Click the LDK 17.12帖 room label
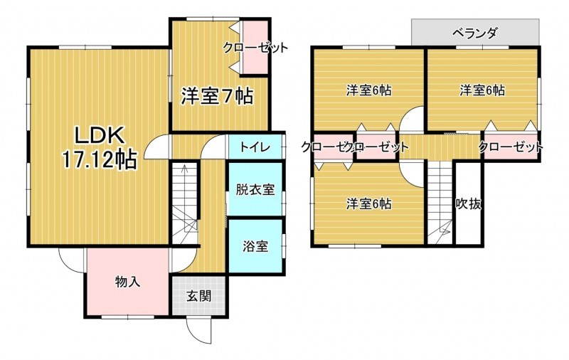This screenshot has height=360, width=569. [x=97, y=147]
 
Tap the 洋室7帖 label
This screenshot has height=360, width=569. [x=216, y=95]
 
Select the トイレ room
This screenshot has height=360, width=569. [x=254, y=147]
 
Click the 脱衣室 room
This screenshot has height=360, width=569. [x=255, y=189]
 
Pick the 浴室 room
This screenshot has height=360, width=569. [x=255, y=246]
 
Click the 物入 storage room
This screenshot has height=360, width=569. [x=127, y=282]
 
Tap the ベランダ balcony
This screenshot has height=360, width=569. [x=474, y=33]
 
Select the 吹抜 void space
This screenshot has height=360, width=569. [x=469, y=204]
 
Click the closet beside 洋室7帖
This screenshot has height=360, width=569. [x=254, y=48]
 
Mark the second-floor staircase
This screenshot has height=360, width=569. [x=440, y=203]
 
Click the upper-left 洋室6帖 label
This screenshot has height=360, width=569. [x=368, y=90]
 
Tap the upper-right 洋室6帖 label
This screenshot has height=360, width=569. [x=482, y=90]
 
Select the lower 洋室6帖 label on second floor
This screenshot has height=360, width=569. [x=368, y=204]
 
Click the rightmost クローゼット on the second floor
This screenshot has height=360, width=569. [x=510, y=147]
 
